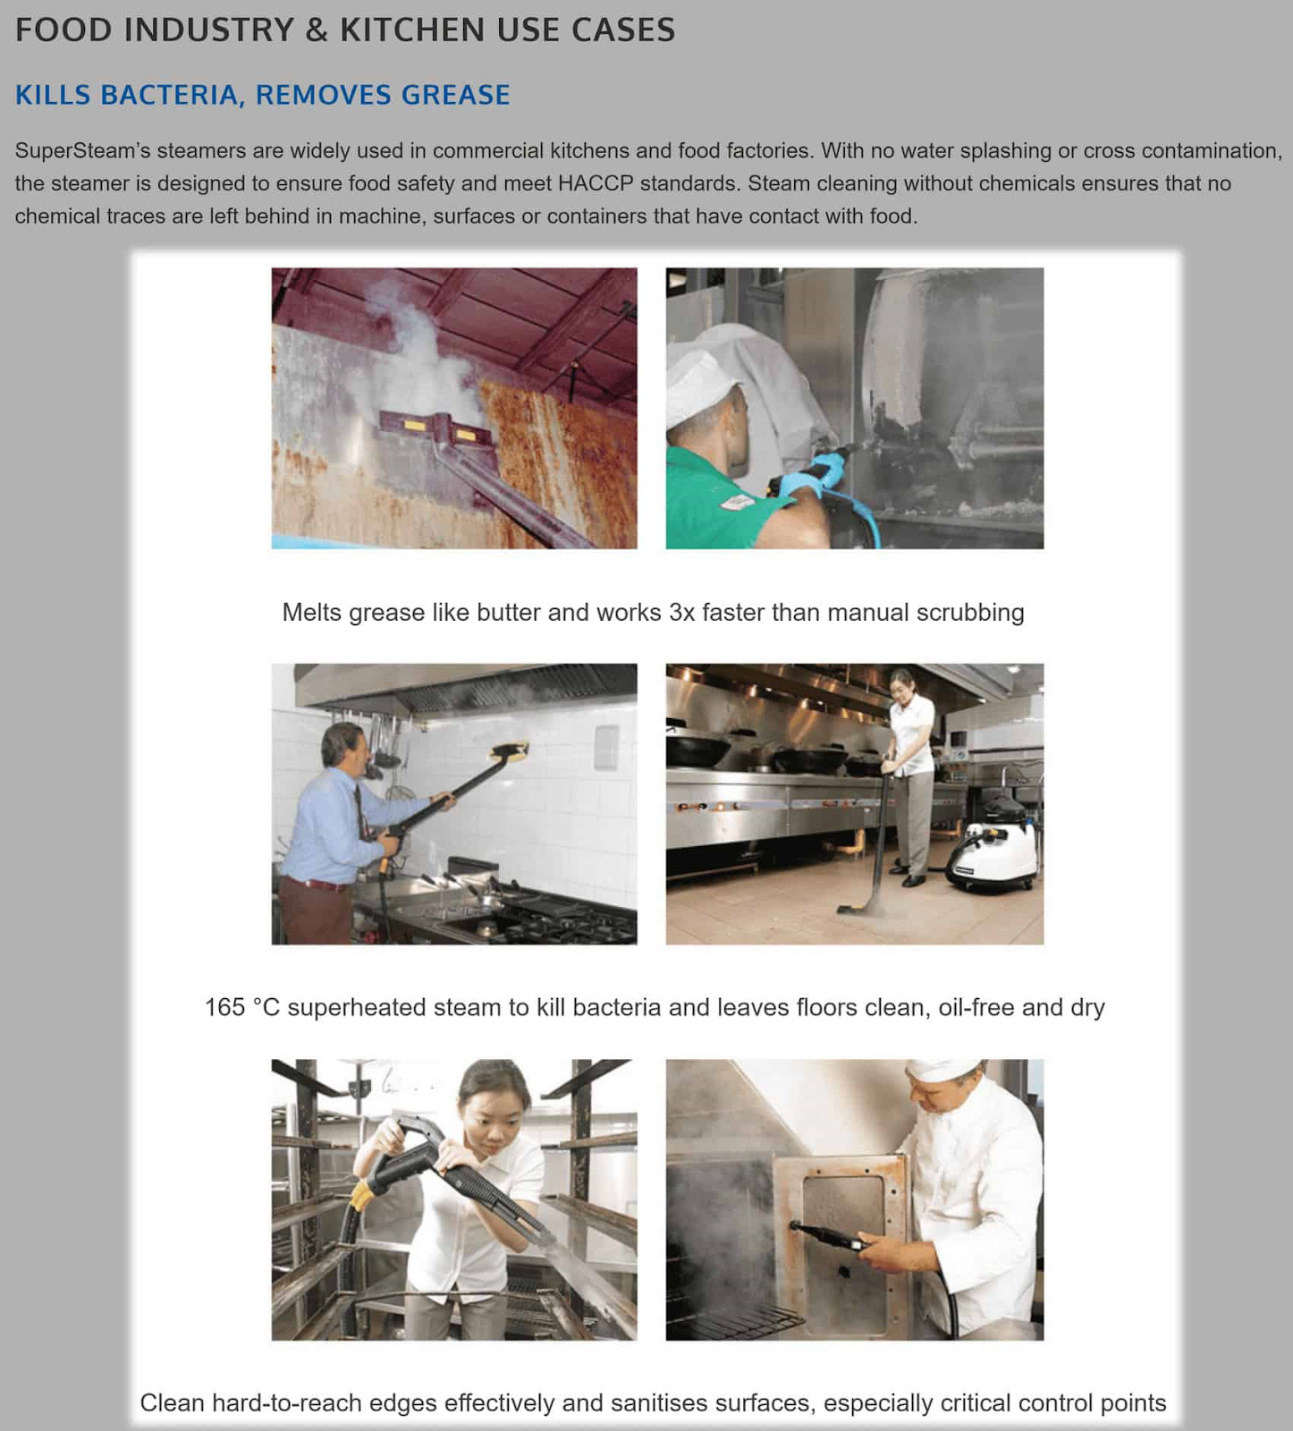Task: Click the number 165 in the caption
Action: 224,1007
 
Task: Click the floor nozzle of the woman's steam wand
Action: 858,909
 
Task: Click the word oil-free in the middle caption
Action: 976,1007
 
